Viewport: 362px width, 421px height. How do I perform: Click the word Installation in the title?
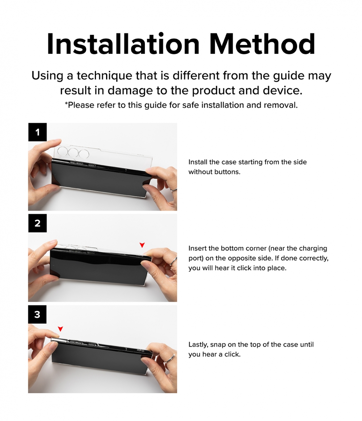click(123, 44)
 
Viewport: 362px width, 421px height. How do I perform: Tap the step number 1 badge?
click(37, 132)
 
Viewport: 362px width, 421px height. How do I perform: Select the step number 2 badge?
click(37, 223)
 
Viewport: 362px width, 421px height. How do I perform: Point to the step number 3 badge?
click(37, 315)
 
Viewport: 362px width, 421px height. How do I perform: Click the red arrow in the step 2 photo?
click(142, 245)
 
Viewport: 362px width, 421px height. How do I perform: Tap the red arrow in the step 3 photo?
click(60, 329)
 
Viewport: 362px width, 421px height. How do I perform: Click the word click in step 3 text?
click(232, 354)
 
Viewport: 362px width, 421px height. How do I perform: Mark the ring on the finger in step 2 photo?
click(173, 261)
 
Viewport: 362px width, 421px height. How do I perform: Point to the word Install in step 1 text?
click(198, 162)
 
